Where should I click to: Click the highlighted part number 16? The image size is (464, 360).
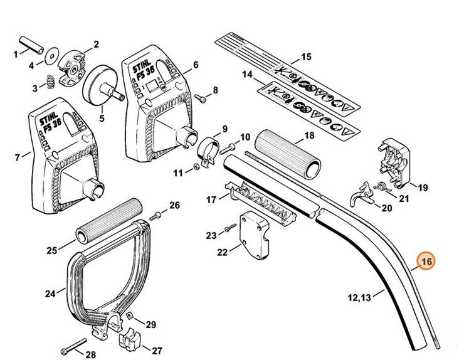pos(428,262)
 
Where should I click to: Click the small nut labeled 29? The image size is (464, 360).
pos(130,316)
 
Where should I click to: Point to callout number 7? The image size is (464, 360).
pos(16,155)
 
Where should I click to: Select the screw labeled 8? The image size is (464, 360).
pos(202,97)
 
